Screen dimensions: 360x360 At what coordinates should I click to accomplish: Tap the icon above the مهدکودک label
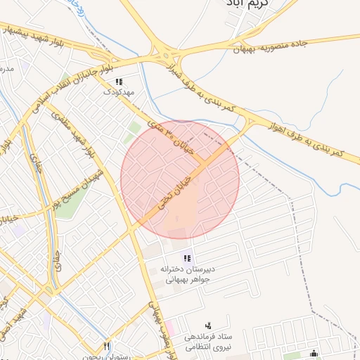click(x=117, y=81)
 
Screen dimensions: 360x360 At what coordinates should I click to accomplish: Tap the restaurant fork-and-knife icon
click(x=106, y=346)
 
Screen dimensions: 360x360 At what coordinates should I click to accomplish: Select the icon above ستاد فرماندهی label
click(x=207, y=326)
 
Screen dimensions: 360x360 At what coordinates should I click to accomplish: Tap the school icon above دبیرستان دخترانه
click(x=187, y=258)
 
